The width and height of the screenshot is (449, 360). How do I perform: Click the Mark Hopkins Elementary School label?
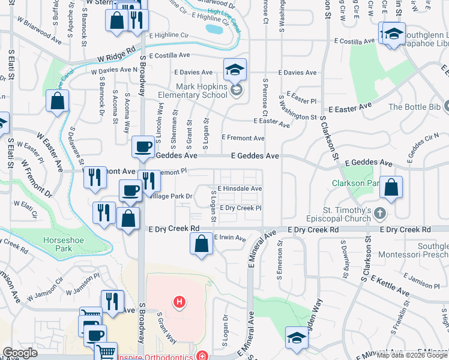click(193, 91)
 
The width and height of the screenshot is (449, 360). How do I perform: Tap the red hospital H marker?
click(178, 301)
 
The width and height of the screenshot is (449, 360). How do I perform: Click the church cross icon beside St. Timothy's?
click(379, 213)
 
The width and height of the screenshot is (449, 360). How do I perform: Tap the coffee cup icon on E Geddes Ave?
click(143, 147)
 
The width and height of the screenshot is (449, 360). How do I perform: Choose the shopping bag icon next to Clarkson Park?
click(391, 187)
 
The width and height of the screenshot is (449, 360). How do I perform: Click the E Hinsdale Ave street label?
click(240, 188)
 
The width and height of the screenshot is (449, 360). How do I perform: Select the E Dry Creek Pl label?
click(240, 208)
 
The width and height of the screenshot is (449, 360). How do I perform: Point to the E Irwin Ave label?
click(230, 238)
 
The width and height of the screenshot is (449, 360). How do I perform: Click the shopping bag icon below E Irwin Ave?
click(202, 244)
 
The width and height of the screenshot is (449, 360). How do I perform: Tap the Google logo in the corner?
click(20, 353)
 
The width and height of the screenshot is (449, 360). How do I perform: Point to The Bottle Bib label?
click(415, 107)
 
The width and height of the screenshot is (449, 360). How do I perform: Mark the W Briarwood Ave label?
click(40, 31)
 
